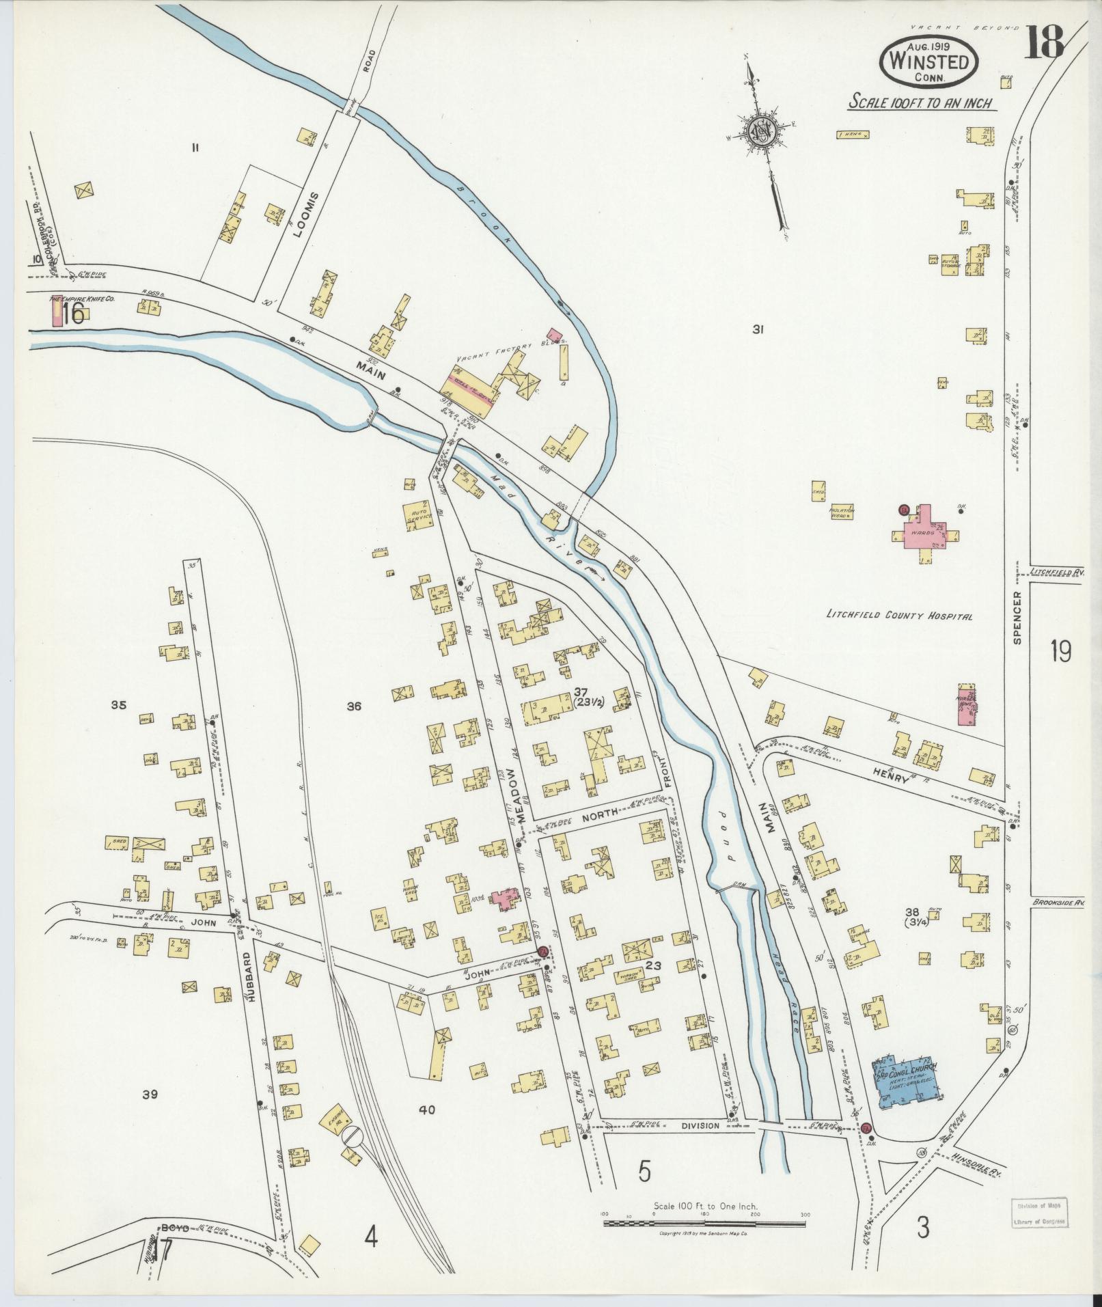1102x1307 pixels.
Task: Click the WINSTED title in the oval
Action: [x=928, y=61]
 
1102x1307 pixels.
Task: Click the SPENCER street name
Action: [x=1017, y=618]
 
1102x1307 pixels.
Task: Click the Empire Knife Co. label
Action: [x=81, y=299]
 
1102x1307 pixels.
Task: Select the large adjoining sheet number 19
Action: [x=1060, y=652]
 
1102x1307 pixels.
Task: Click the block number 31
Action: [x=758, y=329]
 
